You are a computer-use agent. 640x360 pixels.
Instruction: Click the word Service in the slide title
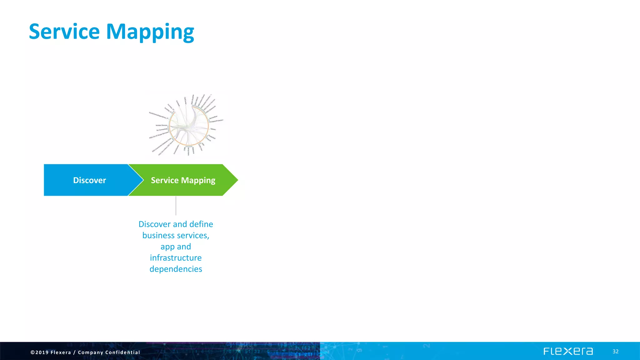click(x=64, y=32)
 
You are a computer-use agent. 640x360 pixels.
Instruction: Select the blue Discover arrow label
click(x=89, y=180)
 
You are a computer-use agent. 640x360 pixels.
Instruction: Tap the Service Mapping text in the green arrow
click(x=183, y=180)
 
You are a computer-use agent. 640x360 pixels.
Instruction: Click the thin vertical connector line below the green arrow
click(x=176, y=206)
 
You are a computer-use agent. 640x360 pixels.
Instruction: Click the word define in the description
click(x=201, y=224)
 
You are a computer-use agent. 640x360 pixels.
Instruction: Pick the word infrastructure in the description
click(x=176, y=258)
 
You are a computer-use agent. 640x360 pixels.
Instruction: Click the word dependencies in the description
click(x=176, y=269)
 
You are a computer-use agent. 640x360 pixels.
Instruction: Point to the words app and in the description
click(x=176, y=247)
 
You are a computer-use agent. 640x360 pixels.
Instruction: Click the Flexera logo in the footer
click(x=568, y=351)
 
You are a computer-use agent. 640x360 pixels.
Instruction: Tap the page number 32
click(x=615, y=352)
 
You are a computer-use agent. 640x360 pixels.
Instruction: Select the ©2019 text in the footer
click(x=39, y=352)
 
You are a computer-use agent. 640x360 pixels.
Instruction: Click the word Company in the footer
click(x=90, y=352)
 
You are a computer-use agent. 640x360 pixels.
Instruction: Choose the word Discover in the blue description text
click(x=154, y=224)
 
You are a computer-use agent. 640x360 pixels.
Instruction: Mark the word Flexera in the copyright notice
click(x=61, y=352)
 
